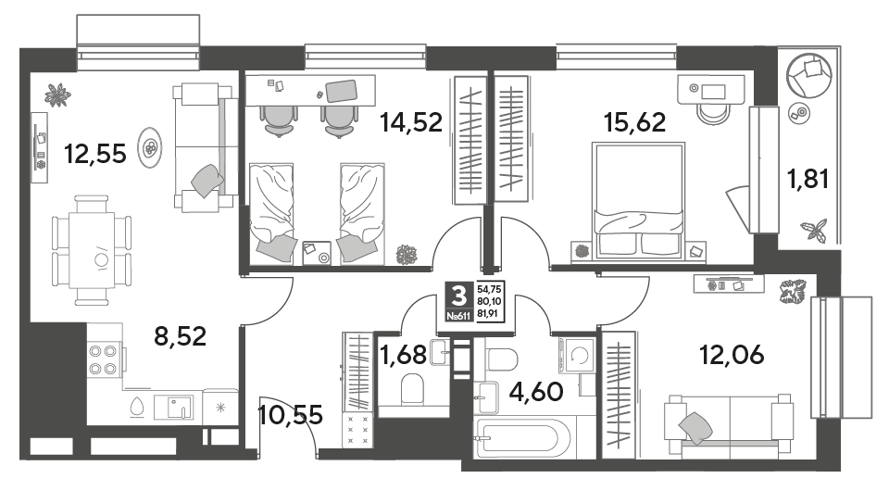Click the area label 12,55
pyautogui.click(x=95, y=154)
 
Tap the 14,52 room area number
pyautogui.click(x=411, y=122)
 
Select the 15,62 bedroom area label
pyautogui.click(x=635, y=122)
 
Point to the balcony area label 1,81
pyautogui.click(x=808, y=179)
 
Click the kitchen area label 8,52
pyautogui.click(x=181, y=336)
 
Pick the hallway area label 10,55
pyautogui.click(x=290, y=415)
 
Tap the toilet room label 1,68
pyautogui.click(x=403, y=356)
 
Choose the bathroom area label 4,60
pyautogui.click(x=536, y=391)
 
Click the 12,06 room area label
pyautogui.click(x=732, y=356)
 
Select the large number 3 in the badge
pyautogui.click(x=458, y=296)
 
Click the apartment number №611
pyautogui.click(x=458, y=317)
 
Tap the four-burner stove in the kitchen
pyautogui.click(x=103, y=359)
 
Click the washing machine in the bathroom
pyautogui.click(x=577, y=356)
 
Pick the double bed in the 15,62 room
pyautogui.click(x=638, y=201)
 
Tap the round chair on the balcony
pyautogui.click(x=808, y=76)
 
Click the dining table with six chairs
pyautogui.click(x=93, y=250)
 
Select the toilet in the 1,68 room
pyautogui.click(x=412, y=388)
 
